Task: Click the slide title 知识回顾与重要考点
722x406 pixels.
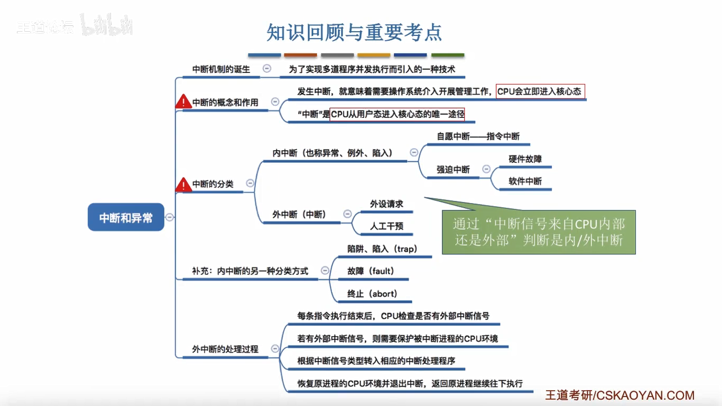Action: point(354,32)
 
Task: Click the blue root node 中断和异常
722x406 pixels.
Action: point(126,217)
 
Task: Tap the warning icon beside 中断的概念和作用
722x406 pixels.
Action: point(183,101)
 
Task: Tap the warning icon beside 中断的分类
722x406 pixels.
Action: point(183,184)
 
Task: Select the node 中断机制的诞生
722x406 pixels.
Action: point(221,69)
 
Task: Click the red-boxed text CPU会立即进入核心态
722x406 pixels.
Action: point(540,91)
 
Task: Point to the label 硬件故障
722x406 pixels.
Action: point(525,159)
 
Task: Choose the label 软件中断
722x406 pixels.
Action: point(525,181)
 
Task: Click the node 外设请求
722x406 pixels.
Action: point(386,204)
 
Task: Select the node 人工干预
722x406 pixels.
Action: point(386,226)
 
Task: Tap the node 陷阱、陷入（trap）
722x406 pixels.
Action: point(382,249)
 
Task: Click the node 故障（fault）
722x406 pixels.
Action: point(371,271)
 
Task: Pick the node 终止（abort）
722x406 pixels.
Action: point(372,293)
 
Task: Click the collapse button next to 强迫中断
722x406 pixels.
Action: point(486,169)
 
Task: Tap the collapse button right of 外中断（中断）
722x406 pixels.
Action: point(347,214)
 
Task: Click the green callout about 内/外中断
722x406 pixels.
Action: point(539,232)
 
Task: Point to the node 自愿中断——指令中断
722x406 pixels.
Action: point(478,136)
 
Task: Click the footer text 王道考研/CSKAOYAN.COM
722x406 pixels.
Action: point(619,395)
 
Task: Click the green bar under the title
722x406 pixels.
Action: point(447,55)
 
